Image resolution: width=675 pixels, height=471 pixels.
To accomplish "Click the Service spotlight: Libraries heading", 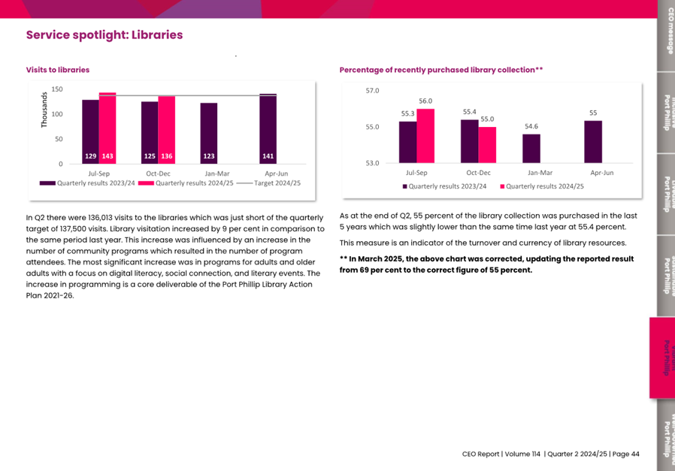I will (104, 35).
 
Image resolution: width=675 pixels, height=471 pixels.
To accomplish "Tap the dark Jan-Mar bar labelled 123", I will (209, 133).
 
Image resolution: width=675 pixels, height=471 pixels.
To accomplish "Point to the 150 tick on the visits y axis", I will (57, 90).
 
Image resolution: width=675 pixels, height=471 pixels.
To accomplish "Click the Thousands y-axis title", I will (44, 110).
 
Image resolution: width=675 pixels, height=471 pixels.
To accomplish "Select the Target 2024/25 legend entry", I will (268, 183).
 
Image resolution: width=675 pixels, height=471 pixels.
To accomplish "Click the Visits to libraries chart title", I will (58, 70).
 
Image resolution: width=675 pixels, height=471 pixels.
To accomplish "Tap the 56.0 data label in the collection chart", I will (425, 101).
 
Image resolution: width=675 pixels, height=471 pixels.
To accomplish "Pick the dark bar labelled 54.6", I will (531, 148).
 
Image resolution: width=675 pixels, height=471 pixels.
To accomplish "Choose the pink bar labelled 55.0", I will (487, 144).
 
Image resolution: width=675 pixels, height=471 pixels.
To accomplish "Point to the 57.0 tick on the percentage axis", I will (372, 91).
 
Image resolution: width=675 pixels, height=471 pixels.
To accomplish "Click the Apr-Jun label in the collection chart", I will (602, 173).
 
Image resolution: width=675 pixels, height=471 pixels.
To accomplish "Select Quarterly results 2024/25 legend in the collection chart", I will (542, 186).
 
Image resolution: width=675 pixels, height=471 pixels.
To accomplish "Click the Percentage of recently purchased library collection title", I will (440, 70).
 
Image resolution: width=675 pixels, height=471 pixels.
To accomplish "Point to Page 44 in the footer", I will (625, 454).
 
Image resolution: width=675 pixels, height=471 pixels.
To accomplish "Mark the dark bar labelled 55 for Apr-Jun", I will (593, 141).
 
